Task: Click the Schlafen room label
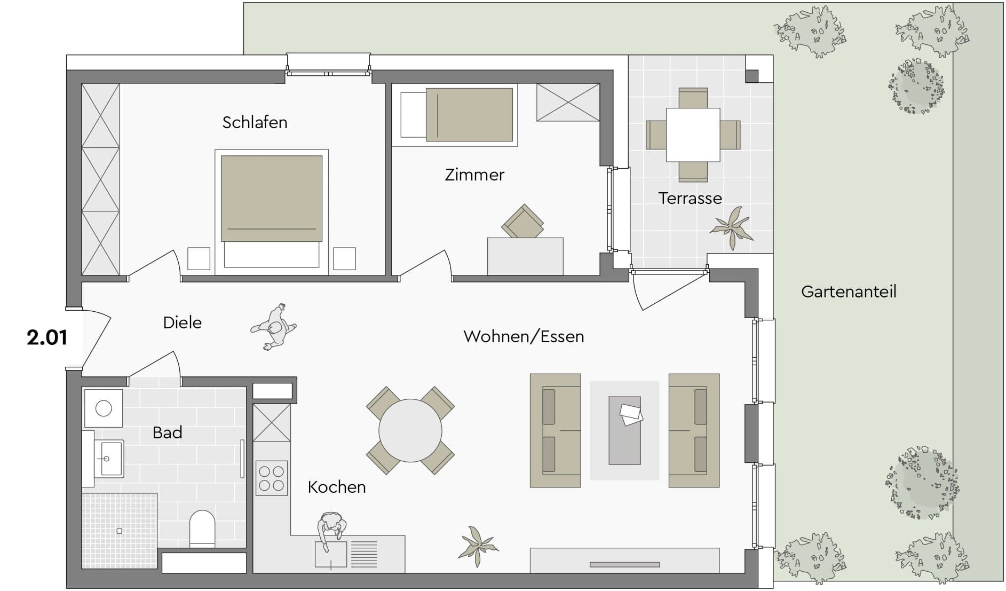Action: point(255,122)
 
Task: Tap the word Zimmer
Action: point(474,175)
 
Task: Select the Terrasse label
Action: point(690,198)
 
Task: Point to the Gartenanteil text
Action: point(849,291)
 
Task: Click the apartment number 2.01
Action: point(47,337)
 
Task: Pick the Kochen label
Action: point(337,487)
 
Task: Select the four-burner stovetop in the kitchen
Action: point(272,478)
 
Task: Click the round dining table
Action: point(410,430)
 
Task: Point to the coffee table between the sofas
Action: point(625,430)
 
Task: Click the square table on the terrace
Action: point(693,135)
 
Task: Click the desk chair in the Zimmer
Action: point(523,222)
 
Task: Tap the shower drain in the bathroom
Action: point(120,531)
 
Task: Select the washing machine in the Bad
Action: point(104,408)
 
